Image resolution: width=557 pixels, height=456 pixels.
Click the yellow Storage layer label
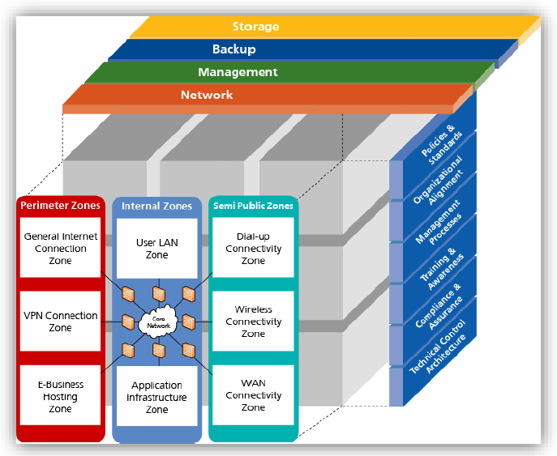(x=255, y=27)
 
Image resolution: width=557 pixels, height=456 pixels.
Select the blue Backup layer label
(x=234, y=49)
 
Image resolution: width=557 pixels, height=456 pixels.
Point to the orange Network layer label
(x=207, y=95)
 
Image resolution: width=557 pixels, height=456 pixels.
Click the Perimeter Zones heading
(x=60, y=206)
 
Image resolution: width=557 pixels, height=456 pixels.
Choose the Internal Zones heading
(x=156, y=206)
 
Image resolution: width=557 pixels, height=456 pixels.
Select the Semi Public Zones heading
(x=253, y=206)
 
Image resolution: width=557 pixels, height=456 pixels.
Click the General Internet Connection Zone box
(x=60, y=249)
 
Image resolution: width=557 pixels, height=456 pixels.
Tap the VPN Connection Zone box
(x=60, y=322)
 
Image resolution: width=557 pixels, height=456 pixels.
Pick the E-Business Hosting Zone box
(x=60, y=397)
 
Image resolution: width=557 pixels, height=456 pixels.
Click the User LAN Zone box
(x=156, y=249)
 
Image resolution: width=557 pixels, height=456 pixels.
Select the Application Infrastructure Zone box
(x=156, y=397)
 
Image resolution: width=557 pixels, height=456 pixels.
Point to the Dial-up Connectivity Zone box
(x=253, y=249)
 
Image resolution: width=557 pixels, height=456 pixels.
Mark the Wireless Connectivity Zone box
(x=253, y=322)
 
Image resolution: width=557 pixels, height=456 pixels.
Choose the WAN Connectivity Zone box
(x=253, y=397)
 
